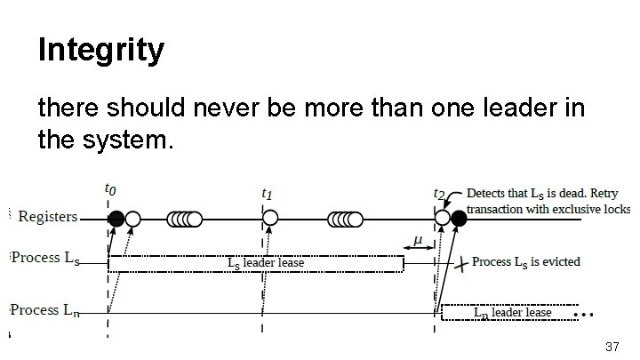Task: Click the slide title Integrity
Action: click(x=101, y=50)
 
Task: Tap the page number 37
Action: click(x=612, y=347)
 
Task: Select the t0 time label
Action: click(x=110, y=189)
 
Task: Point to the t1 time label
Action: click(x=267, y=194)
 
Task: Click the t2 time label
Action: click(x=439, y=194)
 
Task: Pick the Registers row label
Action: click(x=48, y=216)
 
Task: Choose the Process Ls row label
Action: click(x=45, y=259)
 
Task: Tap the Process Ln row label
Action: click(x=44, y=310)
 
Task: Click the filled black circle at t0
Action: click(x=116, y=219)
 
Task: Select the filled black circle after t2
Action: click(x=459, y=219)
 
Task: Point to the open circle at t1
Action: click(x=270, y=218)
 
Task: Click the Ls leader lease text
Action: click(x=266, y=263)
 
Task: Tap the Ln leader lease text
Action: click(x=513, y=313)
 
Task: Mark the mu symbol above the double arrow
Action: click(x=418, y=240)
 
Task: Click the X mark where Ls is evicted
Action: click(x=461, y=264)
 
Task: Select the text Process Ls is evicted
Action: click(x=525, y=262)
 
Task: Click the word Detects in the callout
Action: click(x=484, y=193)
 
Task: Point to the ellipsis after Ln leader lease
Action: click(x=583, y=315)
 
